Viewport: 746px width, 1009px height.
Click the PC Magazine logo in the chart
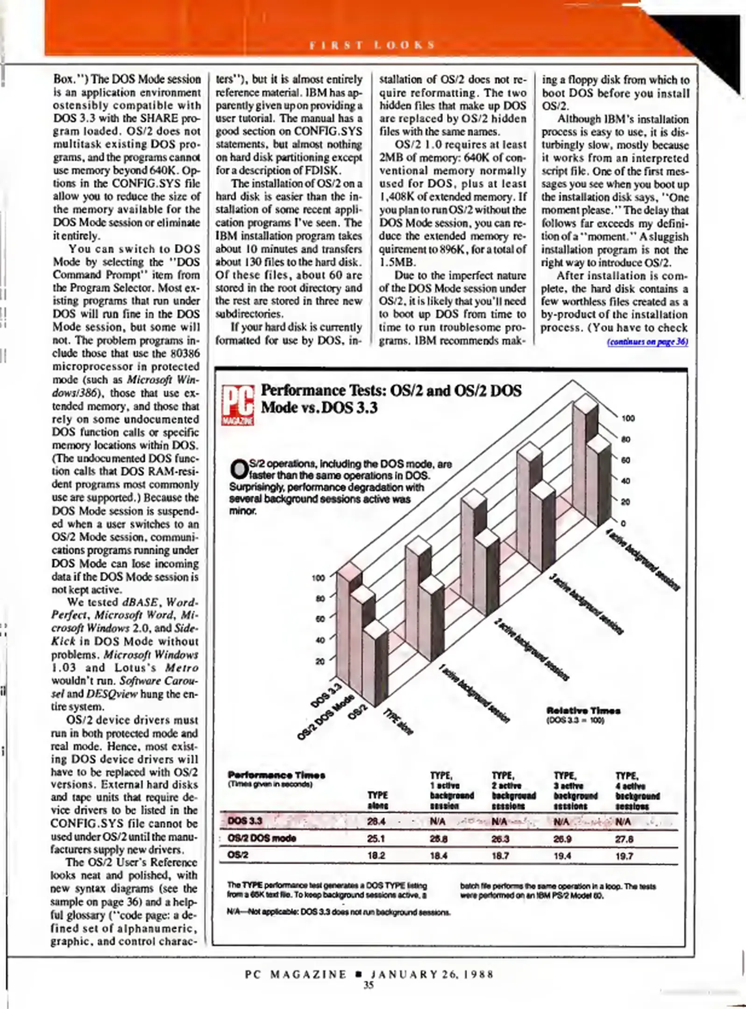pyautogui.click(x=238, y=405)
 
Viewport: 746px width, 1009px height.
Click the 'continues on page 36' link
pyautogui.click(x=647, y=341)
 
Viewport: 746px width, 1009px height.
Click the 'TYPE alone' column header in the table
pyautogui.click(x=378, y=800)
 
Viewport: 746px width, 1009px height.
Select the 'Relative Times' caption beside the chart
pyautogui.click(x=583, y=711)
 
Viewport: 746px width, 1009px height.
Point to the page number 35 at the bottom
pyautogui.click(x=369, y=986)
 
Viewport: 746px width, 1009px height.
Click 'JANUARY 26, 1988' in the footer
pyautogui.click(x=432, y=974)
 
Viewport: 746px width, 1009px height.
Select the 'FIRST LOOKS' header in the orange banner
pyautogui.click(x=372, y=45)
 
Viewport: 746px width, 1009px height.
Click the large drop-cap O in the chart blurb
pyautogui.click(x=239, y=469)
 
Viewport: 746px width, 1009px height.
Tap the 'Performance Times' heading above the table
pyautogui.click(x=277, y=775)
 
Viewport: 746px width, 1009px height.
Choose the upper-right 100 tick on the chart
pyautogui.click(x=628, y=418)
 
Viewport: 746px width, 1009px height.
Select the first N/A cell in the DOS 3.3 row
pyautogui.click(x=438, y=821)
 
